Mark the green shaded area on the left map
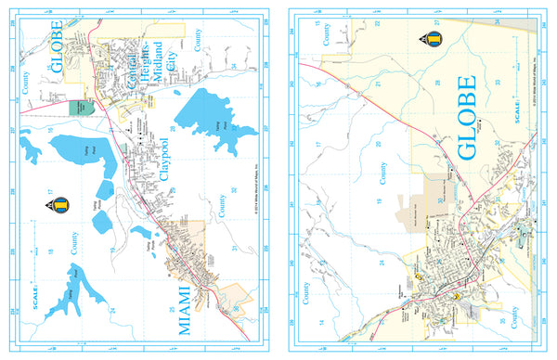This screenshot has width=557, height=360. tap(81, 108)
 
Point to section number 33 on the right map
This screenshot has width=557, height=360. tap(498, 84)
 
